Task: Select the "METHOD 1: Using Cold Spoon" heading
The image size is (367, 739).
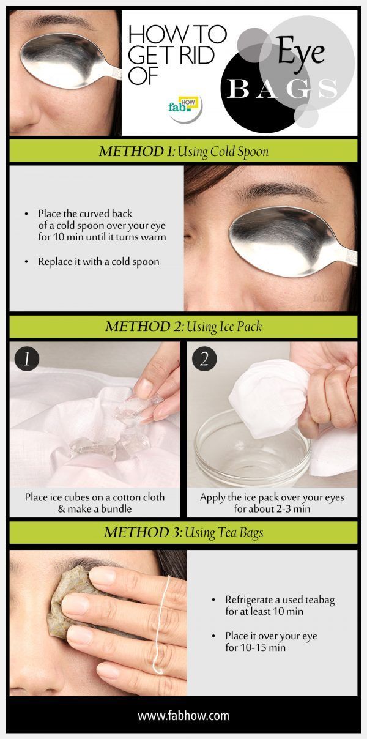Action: pyautogui.click(x=183, y=151)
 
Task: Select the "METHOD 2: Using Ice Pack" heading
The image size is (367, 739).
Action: pyautogui.click(x=183, y=326)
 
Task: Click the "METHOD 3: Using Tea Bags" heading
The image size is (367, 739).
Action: pyautogui.click(x=183, y=532)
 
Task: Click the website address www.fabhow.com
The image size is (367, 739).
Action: pyautogui.click(x=183, y=715)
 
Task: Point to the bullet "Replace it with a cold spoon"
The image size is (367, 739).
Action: pyautogui.click(x=98, y=261)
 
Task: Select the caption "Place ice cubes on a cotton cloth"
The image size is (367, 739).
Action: pyautogui.click(x=95, y=497)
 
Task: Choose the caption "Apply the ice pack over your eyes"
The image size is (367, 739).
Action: pyautogui.click(x=272, y=497)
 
